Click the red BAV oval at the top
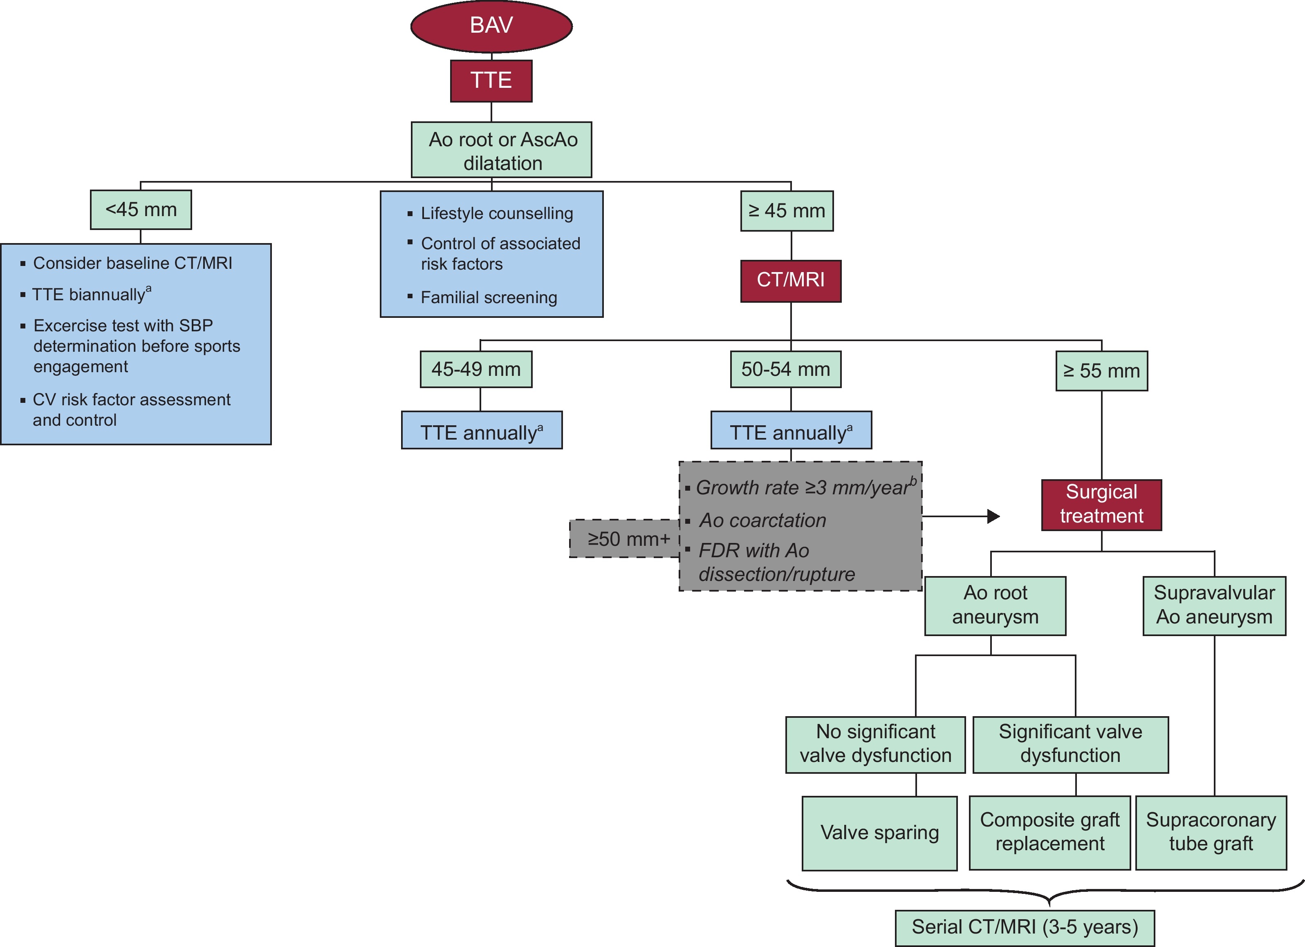(x=491, y=26)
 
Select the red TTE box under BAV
(x=491, y=80)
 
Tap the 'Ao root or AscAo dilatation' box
(x=501, y=150)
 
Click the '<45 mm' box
(x=141, y=210)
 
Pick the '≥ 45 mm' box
(x=787, y=211)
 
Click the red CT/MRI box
(x=791, y=281)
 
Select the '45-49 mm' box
(x=476, y=369)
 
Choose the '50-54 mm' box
(x=785, y=369)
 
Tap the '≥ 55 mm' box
(x=1101, y=371)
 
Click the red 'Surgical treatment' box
(x=1101, y=504)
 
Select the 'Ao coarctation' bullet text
(x=762, y=520)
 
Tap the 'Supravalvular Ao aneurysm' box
(x=1214, y=605)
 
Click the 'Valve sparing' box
(x=879, y=833)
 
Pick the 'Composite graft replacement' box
(x=1049, y=832)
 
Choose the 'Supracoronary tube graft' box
(x=1211, y=832)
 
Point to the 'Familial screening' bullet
(x=489, y=298)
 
